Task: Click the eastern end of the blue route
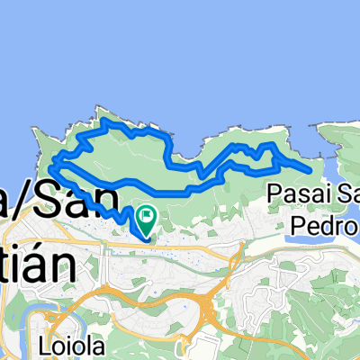click(x=311, y=169)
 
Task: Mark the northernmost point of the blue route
click(x=105, y=120)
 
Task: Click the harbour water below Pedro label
click(x=306, y=241)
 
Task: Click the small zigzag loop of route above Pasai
click(x=266, y=153)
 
